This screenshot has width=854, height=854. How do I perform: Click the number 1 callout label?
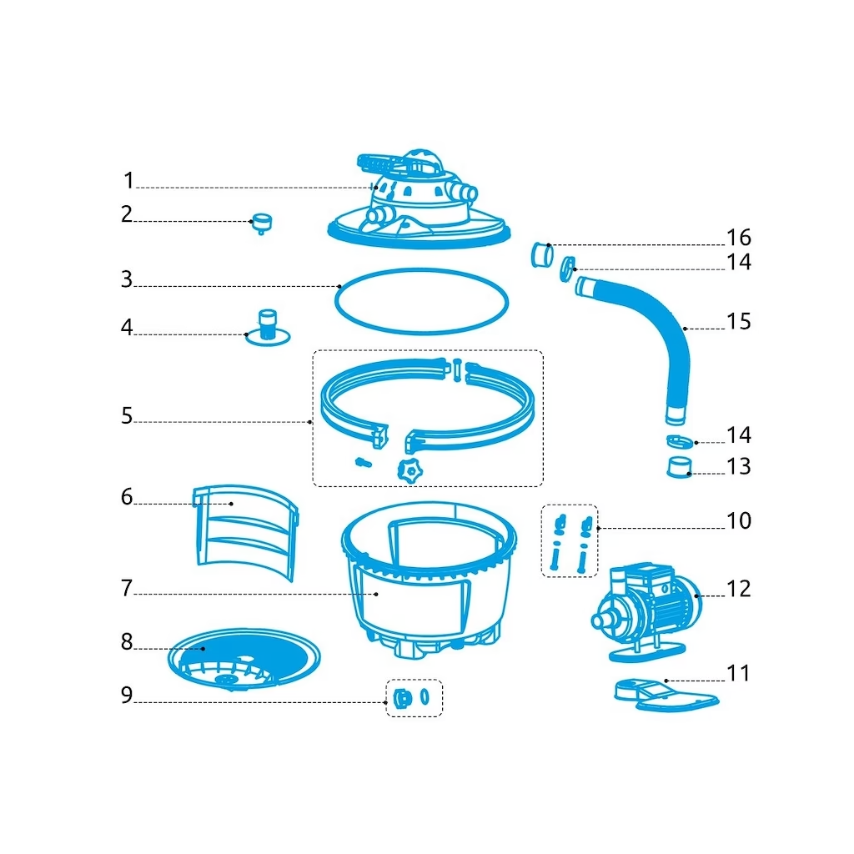click(x=128, y=180)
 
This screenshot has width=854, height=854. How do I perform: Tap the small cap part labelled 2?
click(x=261, y=224)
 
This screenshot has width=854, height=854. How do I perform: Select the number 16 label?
click(x=739, y=238)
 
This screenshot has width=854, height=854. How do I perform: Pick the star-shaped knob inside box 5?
click(x=410, y=470)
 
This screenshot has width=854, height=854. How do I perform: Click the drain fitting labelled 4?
click(x=268, y=329)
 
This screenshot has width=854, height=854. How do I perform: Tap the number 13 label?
click(x=739, y=467)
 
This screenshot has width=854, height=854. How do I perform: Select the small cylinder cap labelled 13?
click(x=679, y=467)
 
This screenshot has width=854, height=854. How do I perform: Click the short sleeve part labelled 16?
click(x=542, y=255)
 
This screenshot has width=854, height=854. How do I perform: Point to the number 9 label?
click(x=127, y=695)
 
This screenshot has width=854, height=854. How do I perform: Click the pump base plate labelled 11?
click(x=666, y=696)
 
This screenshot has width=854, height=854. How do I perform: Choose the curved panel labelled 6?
click(x=245, y=531)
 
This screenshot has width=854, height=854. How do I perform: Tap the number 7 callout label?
click(x=127, y=588)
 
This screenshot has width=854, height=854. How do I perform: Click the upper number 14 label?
click(x=739, y=263)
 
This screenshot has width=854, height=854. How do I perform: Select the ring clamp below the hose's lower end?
click(x=680, y=441)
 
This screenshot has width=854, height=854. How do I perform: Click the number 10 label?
click(x=739, y=521)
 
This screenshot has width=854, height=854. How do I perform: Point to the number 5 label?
click(x=127, y=416)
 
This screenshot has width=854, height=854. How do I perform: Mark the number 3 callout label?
click(x=127, y=279)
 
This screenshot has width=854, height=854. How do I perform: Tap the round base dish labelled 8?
click(x=244, y=659)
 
